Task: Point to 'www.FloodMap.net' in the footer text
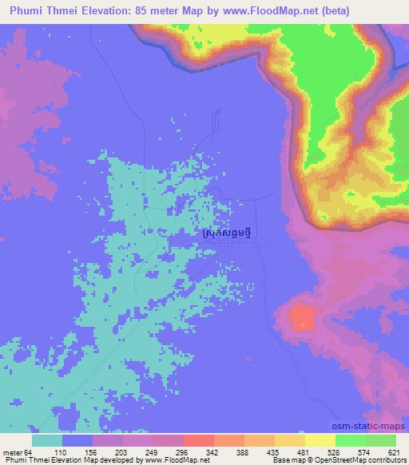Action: [x=174, y=460]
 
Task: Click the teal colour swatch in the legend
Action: [x=47, y=441]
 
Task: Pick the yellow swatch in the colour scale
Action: [x=320, y=441]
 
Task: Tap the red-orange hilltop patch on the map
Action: [x=302, y=319]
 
